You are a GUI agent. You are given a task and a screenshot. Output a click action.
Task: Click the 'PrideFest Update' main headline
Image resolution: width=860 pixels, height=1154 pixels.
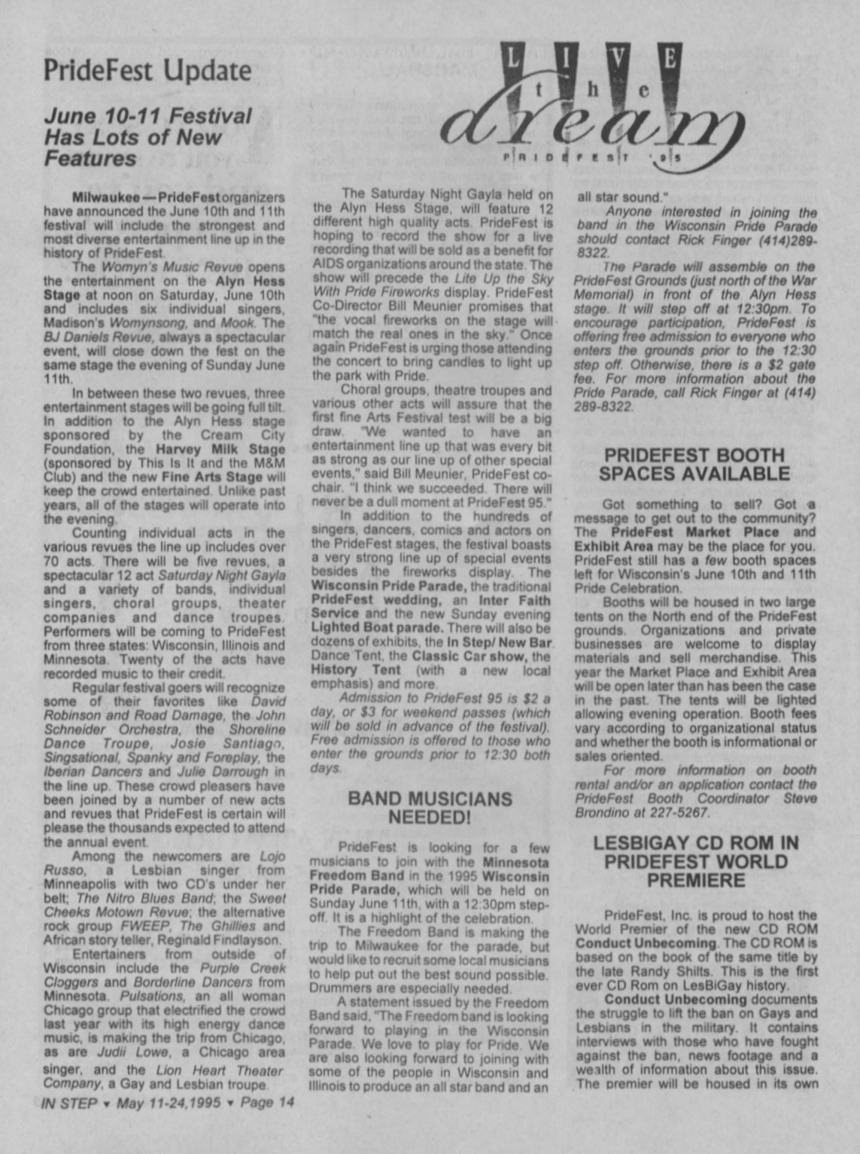coord(147,71)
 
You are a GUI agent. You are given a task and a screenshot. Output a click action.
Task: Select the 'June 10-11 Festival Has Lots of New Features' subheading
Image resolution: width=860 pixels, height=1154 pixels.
coord(147,137)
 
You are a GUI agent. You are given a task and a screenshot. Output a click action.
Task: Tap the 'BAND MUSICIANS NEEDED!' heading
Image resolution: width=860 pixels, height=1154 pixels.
coord(430,808)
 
